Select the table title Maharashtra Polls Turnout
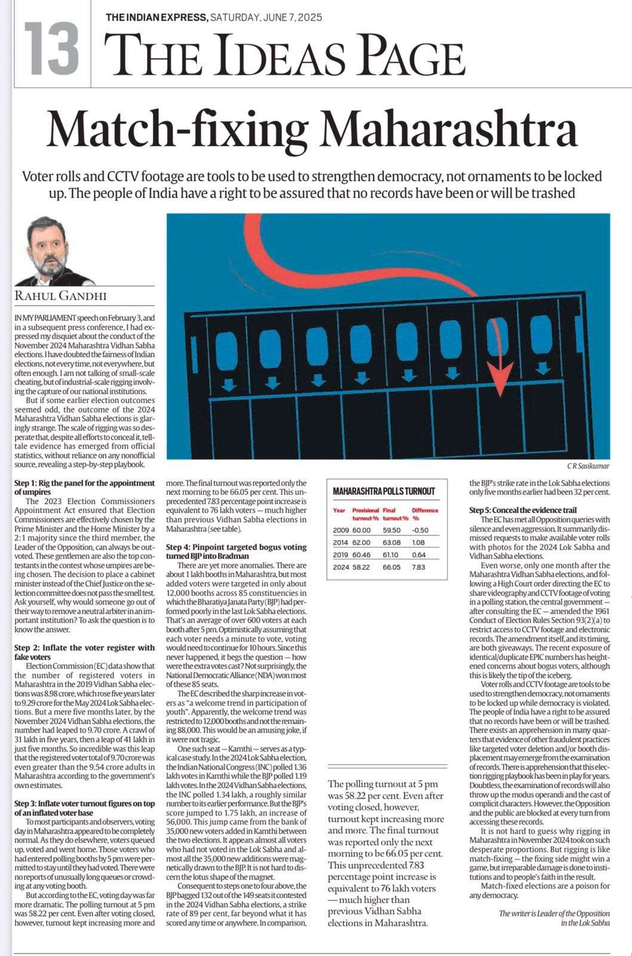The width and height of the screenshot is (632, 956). [384, 491]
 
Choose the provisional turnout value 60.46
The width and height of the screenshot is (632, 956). [361, 555]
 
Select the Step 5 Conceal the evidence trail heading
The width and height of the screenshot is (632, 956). [523, 510]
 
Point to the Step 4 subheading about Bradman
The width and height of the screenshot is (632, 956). [236, 551]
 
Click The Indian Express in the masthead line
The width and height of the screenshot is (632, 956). [157, 18]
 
